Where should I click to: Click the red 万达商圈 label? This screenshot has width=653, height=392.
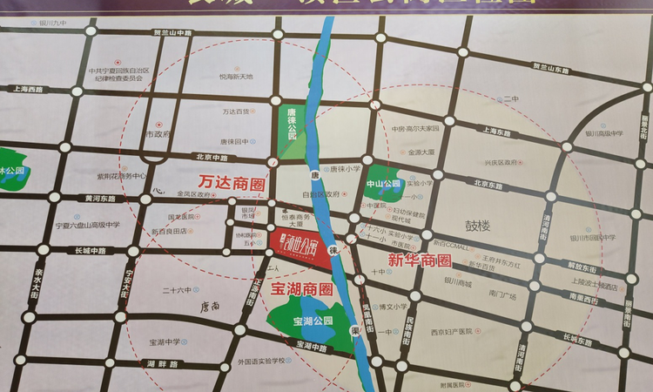point(232,184)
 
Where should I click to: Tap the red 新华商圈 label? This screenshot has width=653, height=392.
point(420,260)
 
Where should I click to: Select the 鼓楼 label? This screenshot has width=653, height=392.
point(477,226)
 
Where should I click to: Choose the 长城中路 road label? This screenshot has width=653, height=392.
point(90,250)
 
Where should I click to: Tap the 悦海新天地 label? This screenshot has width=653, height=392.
point(236,77)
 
